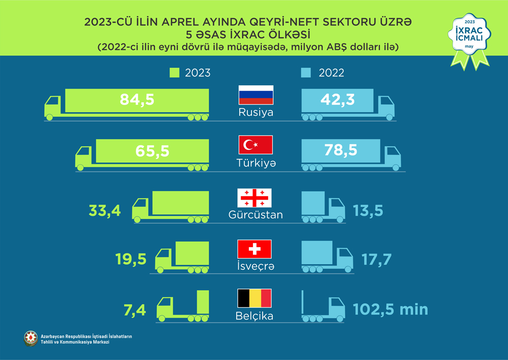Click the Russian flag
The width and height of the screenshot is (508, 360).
pos(256,95)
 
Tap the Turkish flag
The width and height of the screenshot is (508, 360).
pos(256,145)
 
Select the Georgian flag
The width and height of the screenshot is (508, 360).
pos(255,197)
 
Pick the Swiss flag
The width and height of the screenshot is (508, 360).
pos(255,249)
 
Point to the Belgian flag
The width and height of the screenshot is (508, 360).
pos(255,298)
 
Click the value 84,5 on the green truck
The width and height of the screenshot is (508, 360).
pos(137,100)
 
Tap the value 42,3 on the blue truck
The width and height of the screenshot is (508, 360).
pos(337,99)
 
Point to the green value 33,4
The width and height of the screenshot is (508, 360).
pos(105,210)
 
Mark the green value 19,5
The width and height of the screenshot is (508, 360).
pos(131,260)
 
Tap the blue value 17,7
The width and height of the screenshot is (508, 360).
pos(376,260)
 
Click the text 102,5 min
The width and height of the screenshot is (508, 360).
pos(391,309)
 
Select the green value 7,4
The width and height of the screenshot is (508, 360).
pos(136,309)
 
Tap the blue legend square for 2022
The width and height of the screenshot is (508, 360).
pos(306,73)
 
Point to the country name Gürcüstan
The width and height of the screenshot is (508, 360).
pos(256,215)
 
